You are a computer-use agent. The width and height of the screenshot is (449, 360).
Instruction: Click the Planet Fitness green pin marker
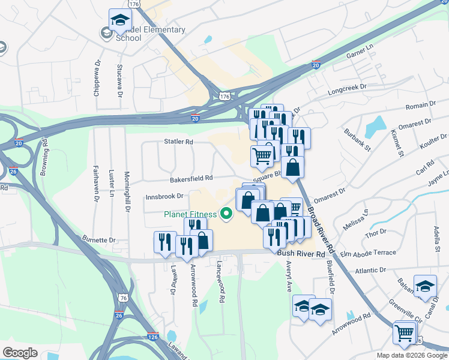(227, 213)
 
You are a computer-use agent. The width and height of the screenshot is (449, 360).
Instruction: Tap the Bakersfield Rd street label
(191, 178)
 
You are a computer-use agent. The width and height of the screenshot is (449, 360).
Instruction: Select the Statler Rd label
(178, 142)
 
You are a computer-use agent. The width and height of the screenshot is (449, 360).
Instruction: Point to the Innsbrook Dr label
(164, 196)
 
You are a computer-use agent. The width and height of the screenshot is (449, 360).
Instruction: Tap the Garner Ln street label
(360, 55)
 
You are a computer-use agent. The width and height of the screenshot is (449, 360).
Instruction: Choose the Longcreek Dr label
(346, 93)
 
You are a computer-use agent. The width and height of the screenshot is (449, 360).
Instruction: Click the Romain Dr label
(421, 105)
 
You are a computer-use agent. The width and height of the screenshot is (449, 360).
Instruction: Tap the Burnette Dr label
(99, 240)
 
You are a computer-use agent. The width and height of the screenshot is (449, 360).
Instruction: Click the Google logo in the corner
(20, 353)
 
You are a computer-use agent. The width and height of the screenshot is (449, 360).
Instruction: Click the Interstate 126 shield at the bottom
(153, 337)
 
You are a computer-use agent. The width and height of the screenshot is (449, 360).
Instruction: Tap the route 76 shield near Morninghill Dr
(123, 298)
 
